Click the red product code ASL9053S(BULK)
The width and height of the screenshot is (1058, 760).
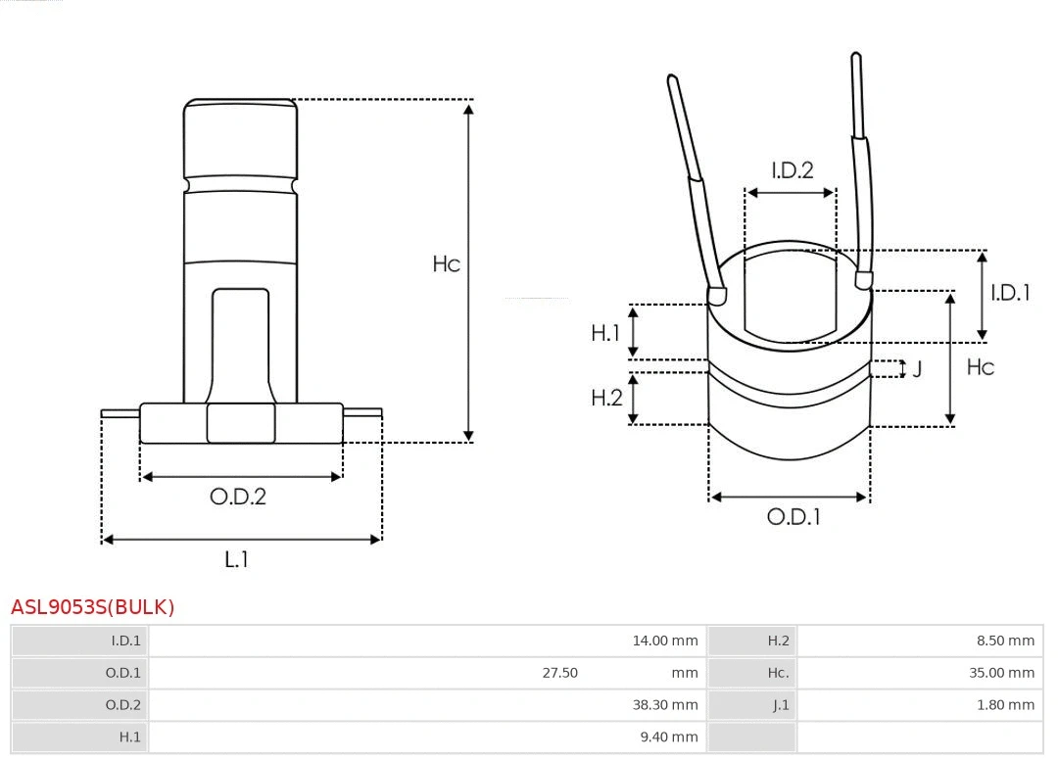pos(92,607)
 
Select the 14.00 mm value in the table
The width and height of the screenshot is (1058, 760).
pos(664,641)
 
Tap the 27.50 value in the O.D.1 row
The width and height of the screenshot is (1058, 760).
pos(559,673)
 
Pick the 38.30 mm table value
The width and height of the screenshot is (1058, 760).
pos(664,705)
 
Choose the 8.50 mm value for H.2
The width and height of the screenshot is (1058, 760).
pos(1005,641)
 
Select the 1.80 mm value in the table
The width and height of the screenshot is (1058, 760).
pos(1005,705)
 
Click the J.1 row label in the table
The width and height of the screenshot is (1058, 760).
pos(780,705)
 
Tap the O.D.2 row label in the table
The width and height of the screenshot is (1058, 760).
pos(122,705)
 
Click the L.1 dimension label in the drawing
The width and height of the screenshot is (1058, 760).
pos(237,559)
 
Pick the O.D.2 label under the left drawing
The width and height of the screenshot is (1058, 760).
pos(238,497)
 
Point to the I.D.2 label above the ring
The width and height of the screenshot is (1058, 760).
pos(792,170)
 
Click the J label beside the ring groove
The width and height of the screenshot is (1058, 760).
pos(917,370)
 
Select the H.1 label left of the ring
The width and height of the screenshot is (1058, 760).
pos(605,333)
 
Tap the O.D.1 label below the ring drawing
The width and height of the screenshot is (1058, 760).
pos(793,517)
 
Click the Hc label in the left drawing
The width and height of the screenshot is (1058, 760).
pos(446,264)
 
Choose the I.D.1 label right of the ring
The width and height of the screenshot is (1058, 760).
pos(1009,293)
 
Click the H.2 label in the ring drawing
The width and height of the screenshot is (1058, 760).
pos(606,398)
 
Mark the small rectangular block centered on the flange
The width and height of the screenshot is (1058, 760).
pos(241,423)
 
